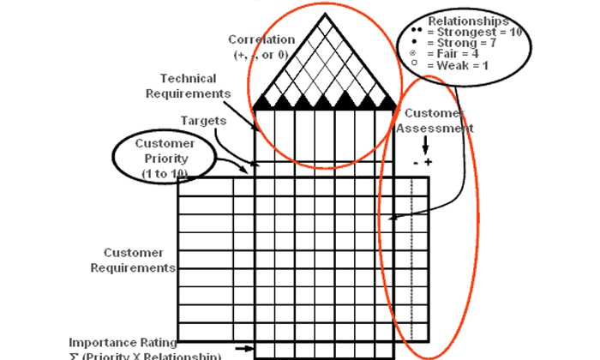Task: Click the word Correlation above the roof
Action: coord(261,39)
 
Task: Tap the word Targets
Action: coord(203,121)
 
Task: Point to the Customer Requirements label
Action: coord(140,260)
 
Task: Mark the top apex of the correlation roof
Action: coord(324,14)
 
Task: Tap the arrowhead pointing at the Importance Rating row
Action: coord(249,348)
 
